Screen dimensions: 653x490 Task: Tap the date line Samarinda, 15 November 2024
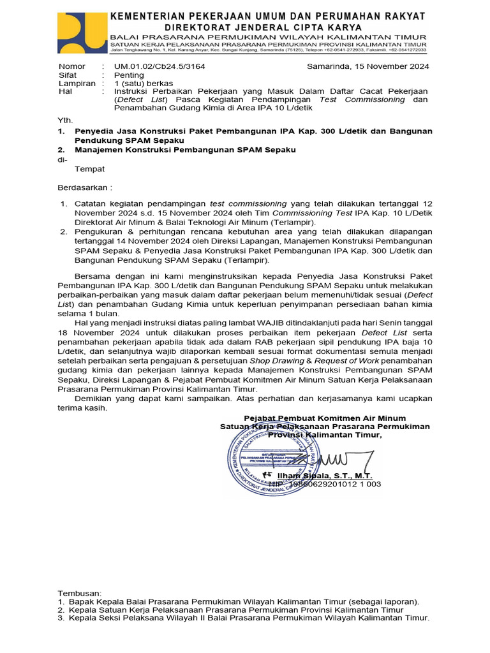[367, 66]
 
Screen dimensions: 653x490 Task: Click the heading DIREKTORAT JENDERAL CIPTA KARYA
[263, 27]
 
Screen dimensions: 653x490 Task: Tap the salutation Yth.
[66, 119]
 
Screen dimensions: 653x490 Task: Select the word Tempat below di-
[90, 169]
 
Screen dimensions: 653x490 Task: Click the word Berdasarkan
[83, 188]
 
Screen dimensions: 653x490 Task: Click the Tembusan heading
[80, 593]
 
